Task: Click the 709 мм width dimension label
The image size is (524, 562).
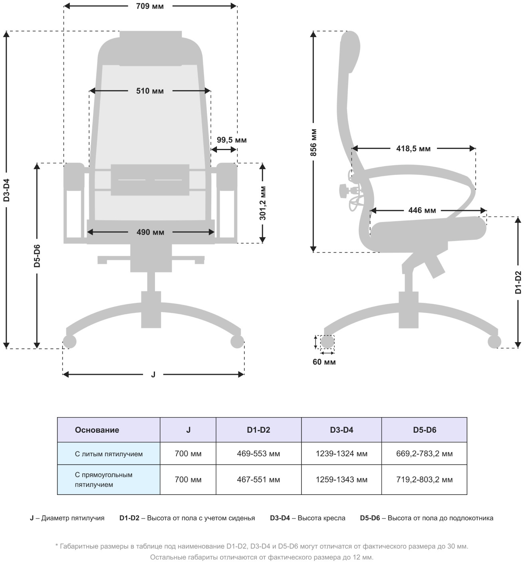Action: (150, 6)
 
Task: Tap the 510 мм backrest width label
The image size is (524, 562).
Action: (150, 91)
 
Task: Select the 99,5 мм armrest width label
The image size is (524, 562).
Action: (232, 140)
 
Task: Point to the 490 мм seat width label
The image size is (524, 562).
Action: (150, 232)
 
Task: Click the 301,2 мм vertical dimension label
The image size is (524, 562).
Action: (262, 203)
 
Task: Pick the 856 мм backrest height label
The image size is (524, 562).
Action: (314, 142)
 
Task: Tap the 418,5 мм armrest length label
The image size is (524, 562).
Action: (413, 149)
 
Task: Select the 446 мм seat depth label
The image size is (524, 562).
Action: (422, 210)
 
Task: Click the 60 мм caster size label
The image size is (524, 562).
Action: (324, 362)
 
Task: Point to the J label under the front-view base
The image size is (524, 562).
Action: (153, 374)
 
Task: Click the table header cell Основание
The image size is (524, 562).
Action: (97, 430)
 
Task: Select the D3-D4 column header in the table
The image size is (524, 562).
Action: (341, 430)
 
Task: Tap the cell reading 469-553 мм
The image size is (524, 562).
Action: (258, 454)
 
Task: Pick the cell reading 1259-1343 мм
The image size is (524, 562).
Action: (341, 480)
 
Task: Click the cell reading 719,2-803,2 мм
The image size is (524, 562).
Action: (424, 480)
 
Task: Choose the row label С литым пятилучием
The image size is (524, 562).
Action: (109, 454)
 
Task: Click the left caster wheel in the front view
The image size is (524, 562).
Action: (69, 342)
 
